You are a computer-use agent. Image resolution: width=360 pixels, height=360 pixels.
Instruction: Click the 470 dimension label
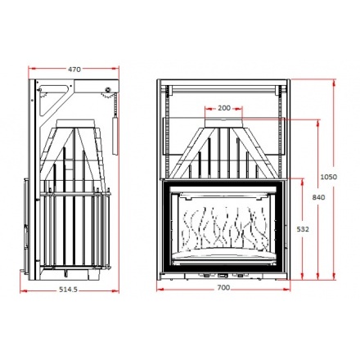pyautogui.click(x=74, y=70)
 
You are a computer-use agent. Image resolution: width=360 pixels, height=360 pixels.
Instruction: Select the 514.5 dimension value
pyautogui.click(x=69, y=290)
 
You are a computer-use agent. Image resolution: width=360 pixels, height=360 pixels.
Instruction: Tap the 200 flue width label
pyautogui.click(x=224, y=108)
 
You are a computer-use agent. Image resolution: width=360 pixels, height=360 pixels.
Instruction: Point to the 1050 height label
pyautogui.click(x=328, y=177)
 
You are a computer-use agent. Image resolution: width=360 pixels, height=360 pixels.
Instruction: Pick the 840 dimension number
pyautogui.click(x=318, y=197)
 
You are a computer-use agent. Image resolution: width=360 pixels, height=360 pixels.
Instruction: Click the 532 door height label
pyautogui.click(x=303, y=229)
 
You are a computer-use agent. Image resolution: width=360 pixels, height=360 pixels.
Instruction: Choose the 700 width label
pyautogui.click(x=224, y=287)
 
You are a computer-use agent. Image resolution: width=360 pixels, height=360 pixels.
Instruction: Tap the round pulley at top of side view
pyautogui.click(x=108, y=89)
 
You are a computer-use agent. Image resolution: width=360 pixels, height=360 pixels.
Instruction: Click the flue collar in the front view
pyautogui.click(x=223, y=123)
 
